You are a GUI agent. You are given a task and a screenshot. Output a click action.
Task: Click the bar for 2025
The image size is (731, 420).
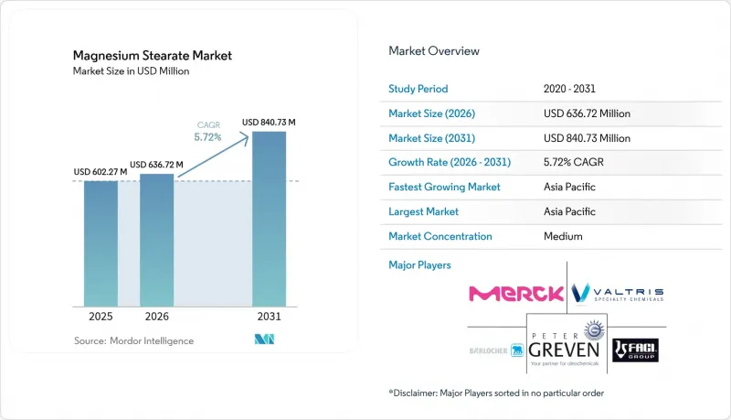101,243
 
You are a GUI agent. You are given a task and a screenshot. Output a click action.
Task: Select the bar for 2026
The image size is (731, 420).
156,241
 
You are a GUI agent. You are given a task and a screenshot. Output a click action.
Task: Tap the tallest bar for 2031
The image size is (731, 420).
269,219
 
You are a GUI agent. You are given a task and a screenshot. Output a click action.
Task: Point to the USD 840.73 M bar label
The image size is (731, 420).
269,123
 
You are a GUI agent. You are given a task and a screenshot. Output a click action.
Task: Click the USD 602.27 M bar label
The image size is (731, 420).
101,172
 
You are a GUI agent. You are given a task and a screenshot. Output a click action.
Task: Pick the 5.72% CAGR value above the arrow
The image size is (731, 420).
208,137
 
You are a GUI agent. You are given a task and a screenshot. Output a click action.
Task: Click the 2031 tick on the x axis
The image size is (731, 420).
269,317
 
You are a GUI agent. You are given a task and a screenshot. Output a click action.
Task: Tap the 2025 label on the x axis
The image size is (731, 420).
101,317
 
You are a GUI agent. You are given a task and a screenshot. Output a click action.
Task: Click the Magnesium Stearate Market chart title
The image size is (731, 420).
153,56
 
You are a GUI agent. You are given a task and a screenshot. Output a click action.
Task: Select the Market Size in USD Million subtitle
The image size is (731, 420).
131,71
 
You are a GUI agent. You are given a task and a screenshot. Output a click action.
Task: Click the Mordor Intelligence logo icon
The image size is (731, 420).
264,339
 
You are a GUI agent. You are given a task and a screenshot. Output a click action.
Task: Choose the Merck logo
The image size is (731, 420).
516,294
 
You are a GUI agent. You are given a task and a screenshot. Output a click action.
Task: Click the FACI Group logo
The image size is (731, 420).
635,350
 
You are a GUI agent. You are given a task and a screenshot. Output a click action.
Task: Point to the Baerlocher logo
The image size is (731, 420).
496,350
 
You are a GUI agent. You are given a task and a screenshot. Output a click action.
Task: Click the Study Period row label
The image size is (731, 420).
418,89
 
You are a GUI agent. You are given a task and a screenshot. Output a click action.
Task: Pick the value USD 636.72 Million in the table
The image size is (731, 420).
587,113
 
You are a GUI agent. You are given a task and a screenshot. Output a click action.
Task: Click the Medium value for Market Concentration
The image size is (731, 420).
563,236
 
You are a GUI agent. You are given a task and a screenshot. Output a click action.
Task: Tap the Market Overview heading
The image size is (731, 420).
434,51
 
